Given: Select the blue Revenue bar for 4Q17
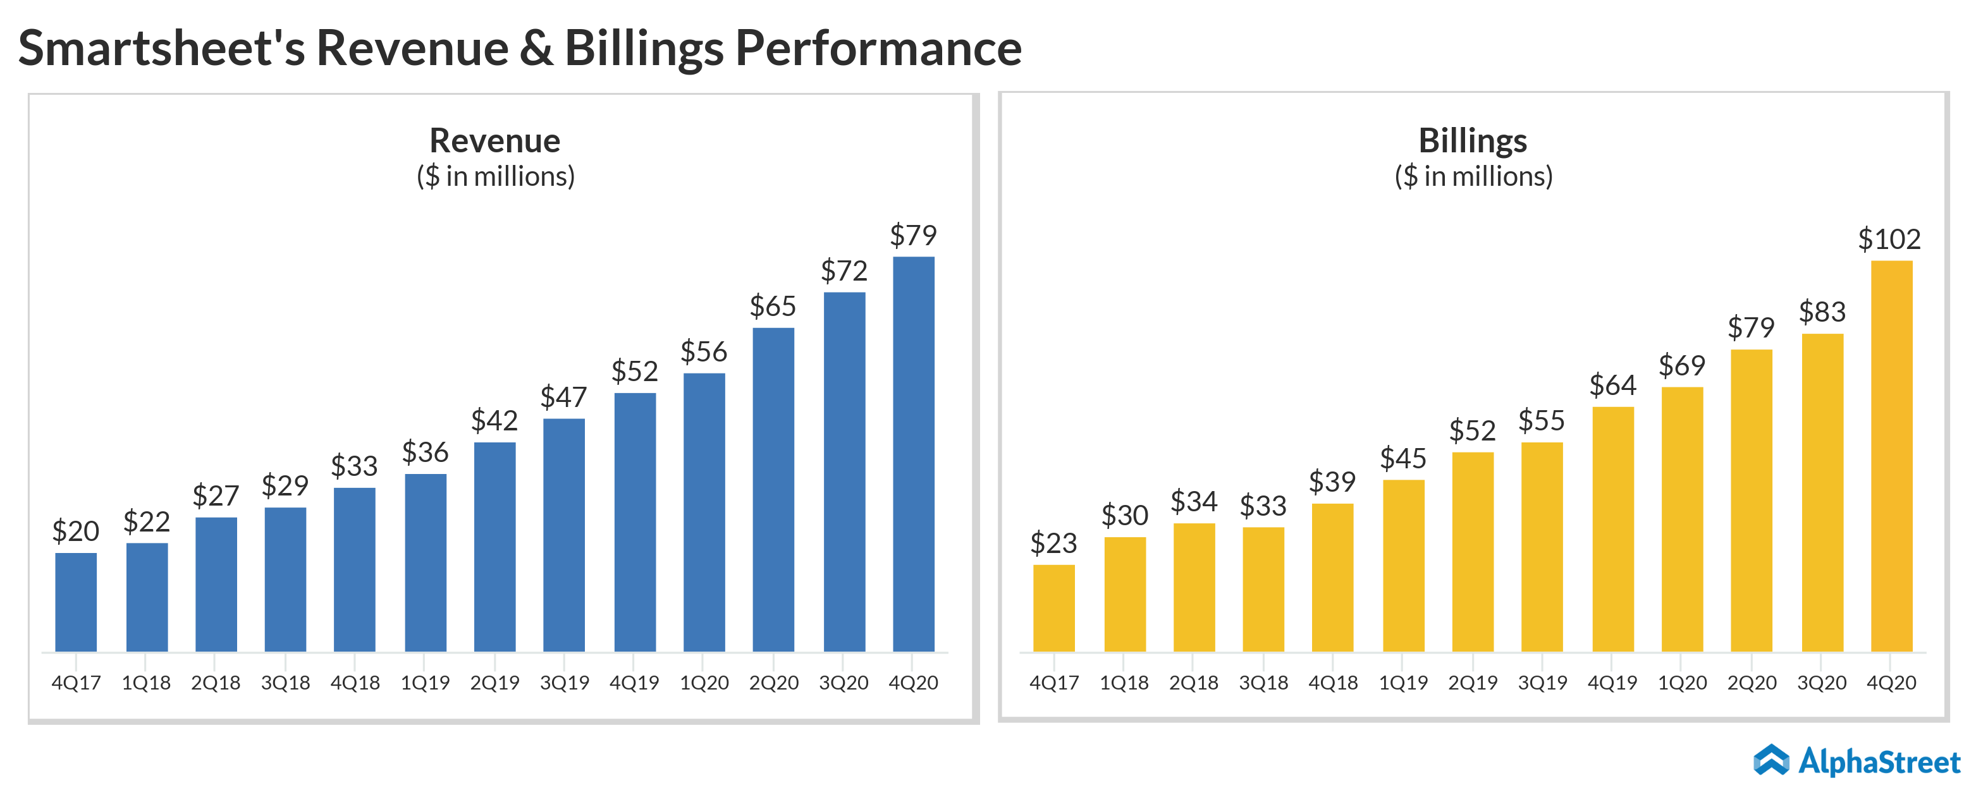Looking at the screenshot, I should click(x=76, y=602).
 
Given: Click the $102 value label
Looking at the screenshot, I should click(x=1889, y=240).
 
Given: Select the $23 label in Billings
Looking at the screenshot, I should click(x=1053, y=543).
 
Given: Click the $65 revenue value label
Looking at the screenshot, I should click(x=773, y=307).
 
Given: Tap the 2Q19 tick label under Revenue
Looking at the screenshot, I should click(x=494, y=683).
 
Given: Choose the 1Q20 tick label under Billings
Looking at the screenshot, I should click(x=1682, y=683).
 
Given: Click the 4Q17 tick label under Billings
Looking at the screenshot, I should click(x=1054, y=683).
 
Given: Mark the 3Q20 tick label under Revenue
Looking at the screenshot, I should click(x=844, y=683).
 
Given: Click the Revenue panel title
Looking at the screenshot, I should click(x=494, y=141).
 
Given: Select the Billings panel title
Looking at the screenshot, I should click(x=1473, y=141).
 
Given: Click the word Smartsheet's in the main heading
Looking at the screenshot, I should click(x=161, y=48).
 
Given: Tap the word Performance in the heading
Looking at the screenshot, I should click(x=878, y=48).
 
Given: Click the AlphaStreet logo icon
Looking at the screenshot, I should click(x=1771, y=760).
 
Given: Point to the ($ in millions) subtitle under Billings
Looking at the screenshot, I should click(x=1473, y=176).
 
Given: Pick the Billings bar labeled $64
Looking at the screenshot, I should click(x=1612, y=529).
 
